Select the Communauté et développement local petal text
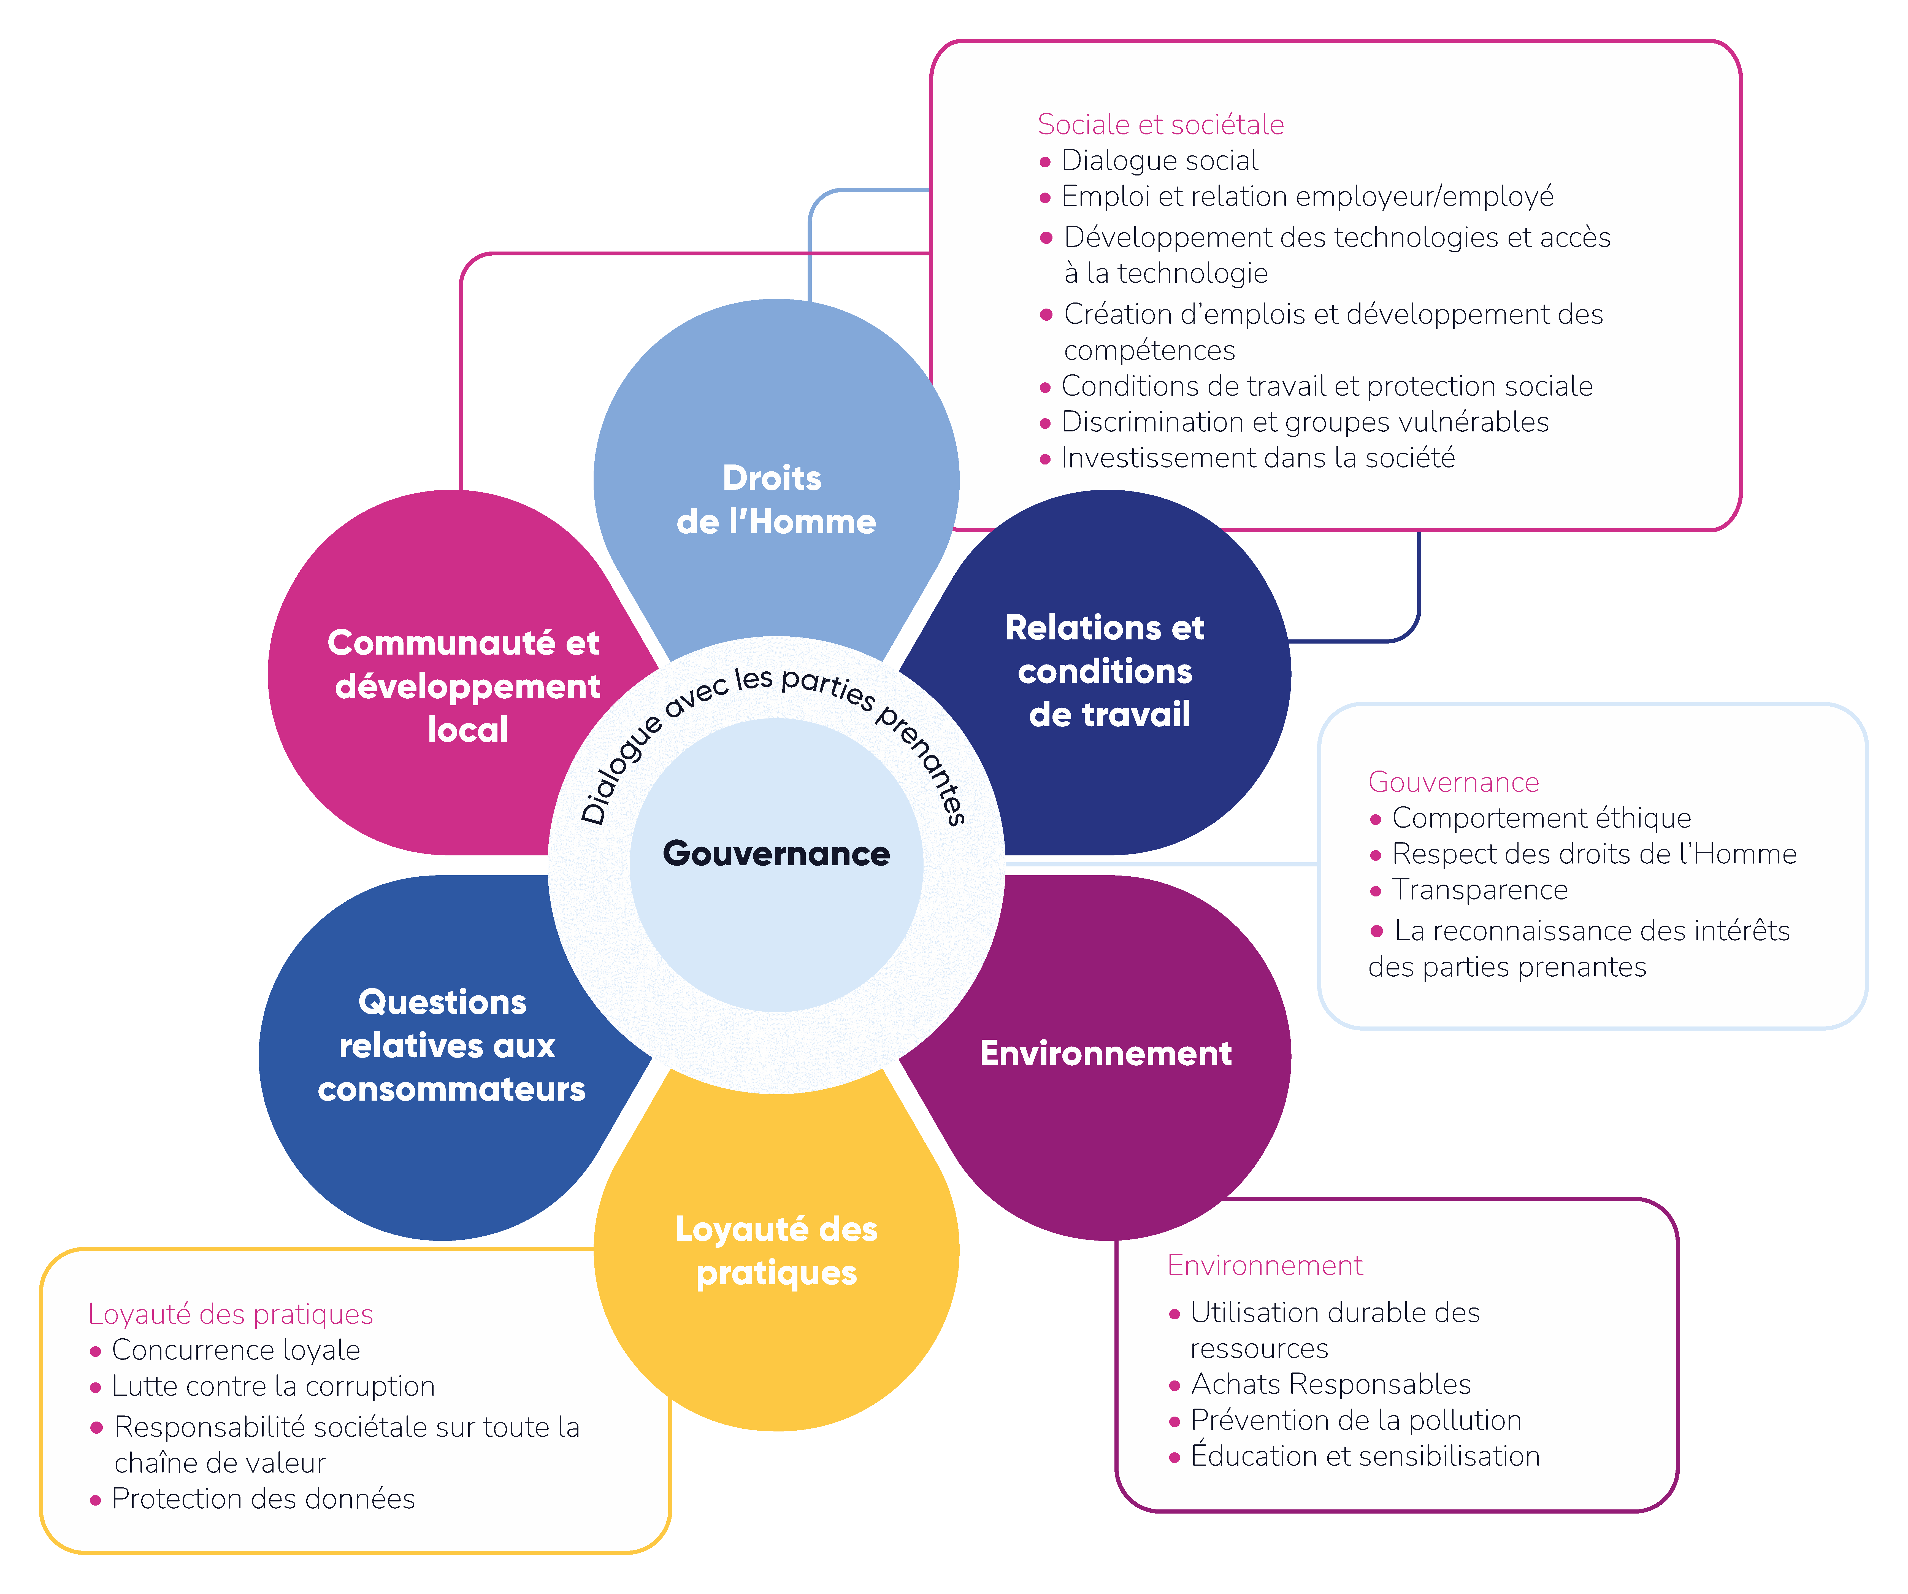(465, 686)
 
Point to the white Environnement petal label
(1106, 1053)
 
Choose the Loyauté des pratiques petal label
(776, 1250)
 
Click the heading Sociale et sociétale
(1160, 125)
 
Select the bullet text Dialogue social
(1159, 161)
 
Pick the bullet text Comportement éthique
(1541, 818)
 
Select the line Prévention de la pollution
(1355, 1420)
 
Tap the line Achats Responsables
(1330, 1384)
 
